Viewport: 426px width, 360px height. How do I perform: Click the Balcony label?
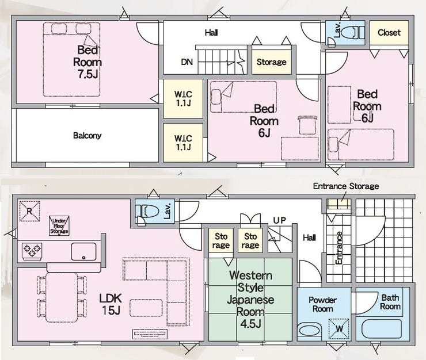[x=87, y=136]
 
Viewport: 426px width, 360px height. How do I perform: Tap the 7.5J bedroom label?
[x=88, y=62]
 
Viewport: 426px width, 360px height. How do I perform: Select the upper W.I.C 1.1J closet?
[x=183, y=99]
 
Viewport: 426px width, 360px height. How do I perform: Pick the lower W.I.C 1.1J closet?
[x=183, y=143]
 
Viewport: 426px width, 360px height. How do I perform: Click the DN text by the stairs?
[x=187, y=62]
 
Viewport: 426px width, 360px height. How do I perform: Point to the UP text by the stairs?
[x=280, y=220]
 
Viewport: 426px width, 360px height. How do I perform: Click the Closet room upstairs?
[x=389, y=33]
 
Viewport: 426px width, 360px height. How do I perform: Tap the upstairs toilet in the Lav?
[x=352, y=33]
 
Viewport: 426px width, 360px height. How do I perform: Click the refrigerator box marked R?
[x=29, y=211]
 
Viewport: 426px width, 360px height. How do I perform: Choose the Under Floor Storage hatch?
[x=59, y=225]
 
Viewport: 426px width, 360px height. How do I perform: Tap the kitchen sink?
[x=83, y=252]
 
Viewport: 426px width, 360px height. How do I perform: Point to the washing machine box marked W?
[x=339, y=329]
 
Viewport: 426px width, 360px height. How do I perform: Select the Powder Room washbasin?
[x=309, y=331]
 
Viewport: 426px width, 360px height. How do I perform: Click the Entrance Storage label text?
[x=346, y=186]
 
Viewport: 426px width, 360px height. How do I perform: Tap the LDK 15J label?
[x=111, y=304]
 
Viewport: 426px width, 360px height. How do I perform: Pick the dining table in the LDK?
[x=62, y=297]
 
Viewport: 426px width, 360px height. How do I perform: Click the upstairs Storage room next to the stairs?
[x=272, y=62]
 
